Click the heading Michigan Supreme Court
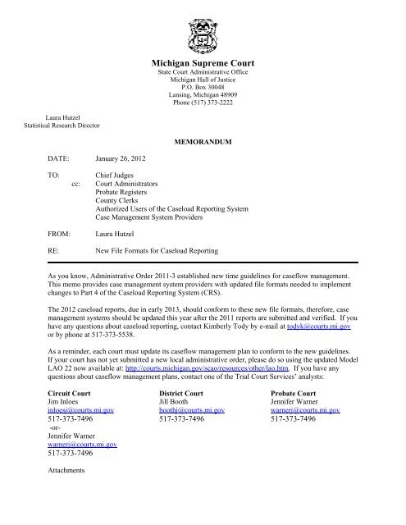coord(202,62)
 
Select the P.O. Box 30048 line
coord(202,90)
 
